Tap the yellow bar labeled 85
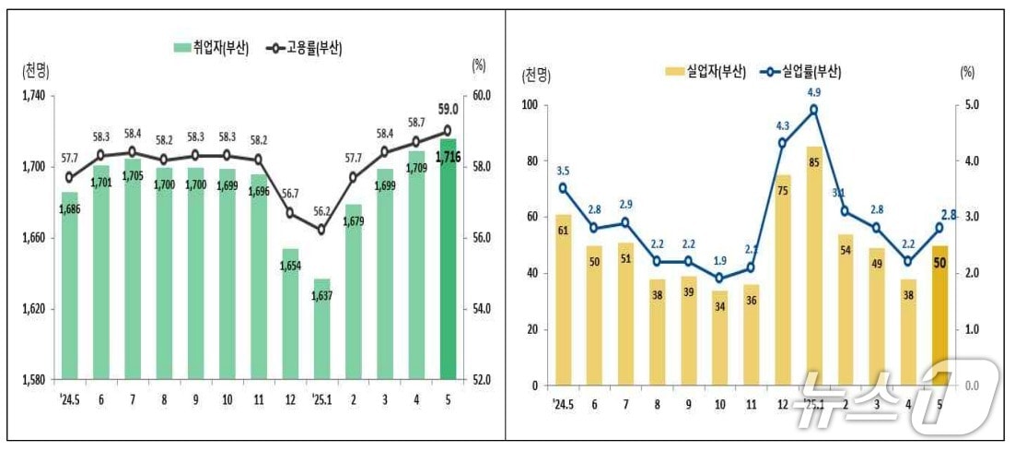click(814, 267)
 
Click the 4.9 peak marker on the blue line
click(814, 110)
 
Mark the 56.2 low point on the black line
click(321, 230)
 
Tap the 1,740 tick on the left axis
click(32, 96)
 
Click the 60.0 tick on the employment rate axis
click(483, 96)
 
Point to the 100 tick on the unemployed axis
click(529, 105)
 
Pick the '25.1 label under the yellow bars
click(813, 403)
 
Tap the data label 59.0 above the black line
click(448, 110)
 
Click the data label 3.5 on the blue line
click(563, 170)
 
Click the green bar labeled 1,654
click(290, 315)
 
